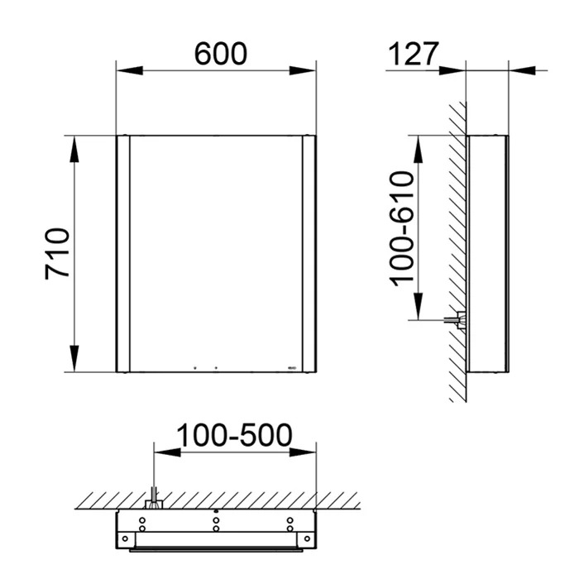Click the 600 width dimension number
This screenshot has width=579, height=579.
pyautogui.click(x=221, y=54)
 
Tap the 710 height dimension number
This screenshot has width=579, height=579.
pyautogui.click(x=57, y=254)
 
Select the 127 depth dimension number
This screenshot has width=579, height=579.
pyautogui.click(x=414, y=54)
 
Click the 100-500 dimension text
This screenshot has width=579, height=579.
pyautogui.click(x=234, y=435)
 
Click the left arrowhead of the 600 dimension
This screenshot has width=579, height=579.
pyautogui.click(x=130, y=70)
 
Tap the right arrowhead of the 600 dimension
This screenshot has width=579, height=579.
pyautogui.click(x=303, y=70)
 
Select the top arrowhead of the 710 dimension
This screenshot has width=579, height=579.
pyautogui.click(x=74, y=149)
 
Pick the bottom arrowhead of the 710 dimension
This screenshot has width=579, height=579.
pyautogui.click(x=74, y=358)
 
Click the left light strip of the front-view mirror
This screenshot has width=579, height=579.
pyautogui.click(x=123, y=254)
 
